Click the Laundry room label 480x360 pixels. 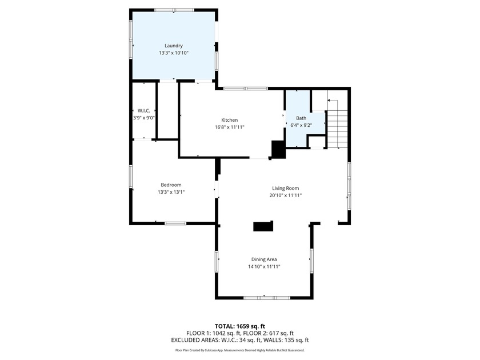click(173, 46)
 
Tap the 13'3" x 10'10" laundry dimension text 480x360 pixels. click(173, 53)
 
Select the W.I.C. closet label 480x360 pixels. click(143, 110)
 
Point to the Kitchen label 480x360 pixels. click(230, 120)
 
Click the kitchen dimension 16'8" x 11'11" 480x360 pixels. click(230, 127)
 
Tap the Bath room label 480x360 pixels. click(301, 118)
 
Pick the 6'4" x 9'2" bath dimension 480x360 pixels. click(301, 125)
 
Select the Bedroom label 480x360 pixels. click(171, 185)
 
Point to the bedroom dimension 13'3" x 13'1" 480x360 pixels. click(171, 192)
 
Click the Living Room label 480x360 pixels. click(285, 188)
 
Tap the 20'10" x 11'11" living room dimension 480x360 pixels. click(285, 195)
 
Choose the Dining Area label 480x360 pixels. click(264, 259)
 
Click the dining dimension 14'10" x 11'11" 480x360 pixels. click(264, 267)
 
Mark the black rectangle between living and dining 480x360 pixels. click(263, 226)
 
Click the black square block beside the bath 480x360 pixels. click(278, 149)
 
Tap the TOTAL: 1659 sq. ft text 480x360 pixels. click(239, 325)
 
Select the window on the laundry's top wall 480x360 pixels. click(173, 10)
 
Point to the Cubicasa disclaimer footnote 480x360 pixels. click(239, 350)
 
